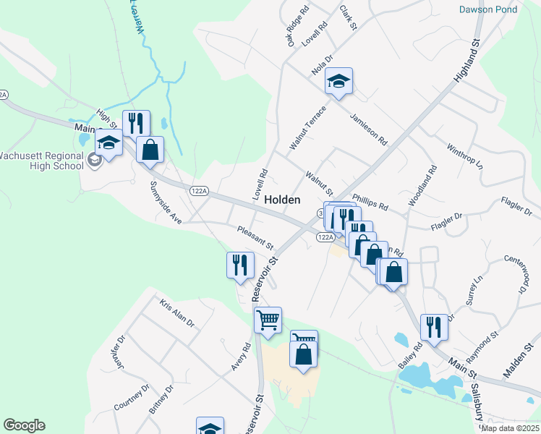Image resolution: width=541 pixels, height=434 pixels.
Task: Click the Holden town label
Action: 283,200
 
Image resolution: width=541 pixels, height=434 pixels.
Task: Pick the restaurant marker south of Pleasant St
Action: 240,265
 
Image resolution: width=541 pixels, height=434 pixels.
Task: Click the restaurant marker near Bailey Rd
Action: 434,326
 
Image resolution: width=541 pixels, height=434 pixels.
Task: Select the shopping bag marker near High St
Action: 150,150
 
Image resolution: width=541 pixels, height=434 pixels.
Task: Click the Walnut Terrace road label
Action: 307,128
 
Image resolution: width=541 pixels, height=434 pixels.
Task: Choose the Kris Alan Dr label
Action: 177,314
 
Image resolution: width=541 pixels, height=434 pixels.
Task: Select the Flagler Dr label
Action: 446,222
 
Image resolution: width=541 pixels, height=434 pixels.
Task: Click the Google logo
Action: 24,425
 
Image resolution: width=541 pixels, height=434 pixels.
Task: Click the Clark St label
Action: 349,17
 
